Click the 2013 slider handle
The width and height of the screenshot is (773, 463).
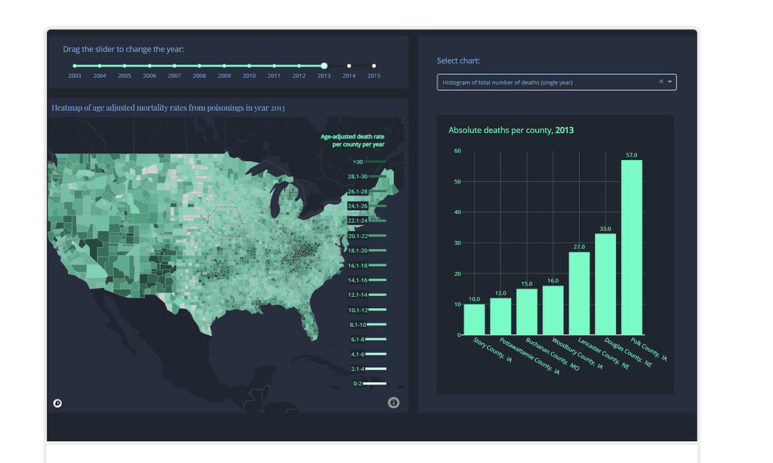[324, 66]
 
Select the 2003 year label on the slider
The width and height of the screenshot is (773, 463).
[75, 76]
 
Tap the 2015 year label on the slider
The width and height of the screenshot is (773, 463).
[374, 76]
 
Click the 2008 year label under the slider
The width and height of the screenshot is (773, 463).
[199, 76]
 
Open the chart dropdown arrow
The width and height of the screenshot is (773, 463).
[670, 82]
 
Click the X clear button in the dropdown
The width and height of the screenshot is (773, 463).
[661, 82]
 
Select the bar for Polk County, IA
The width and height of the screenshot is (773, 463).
[632, 247]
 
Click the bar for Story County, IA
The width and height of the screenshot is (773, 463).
[474, 319]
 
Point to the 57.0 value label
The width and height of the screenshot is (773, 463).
[632, 155]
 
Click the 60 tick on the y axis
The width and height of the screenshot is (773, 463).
[457, 150]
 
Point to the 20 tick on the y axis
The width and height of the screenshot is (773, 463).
[457, 273]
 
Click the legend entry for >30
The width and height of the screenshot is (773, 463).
[358, 162]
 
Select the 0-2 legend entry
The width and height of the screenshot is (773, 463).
[358, 384]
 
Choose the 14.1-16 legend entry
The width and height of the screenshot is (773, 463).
[357, 280]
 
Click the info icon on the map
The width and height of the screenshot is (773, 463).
[393, 403]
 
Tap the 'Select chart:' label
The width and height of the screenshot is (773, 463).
[458, 60]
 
